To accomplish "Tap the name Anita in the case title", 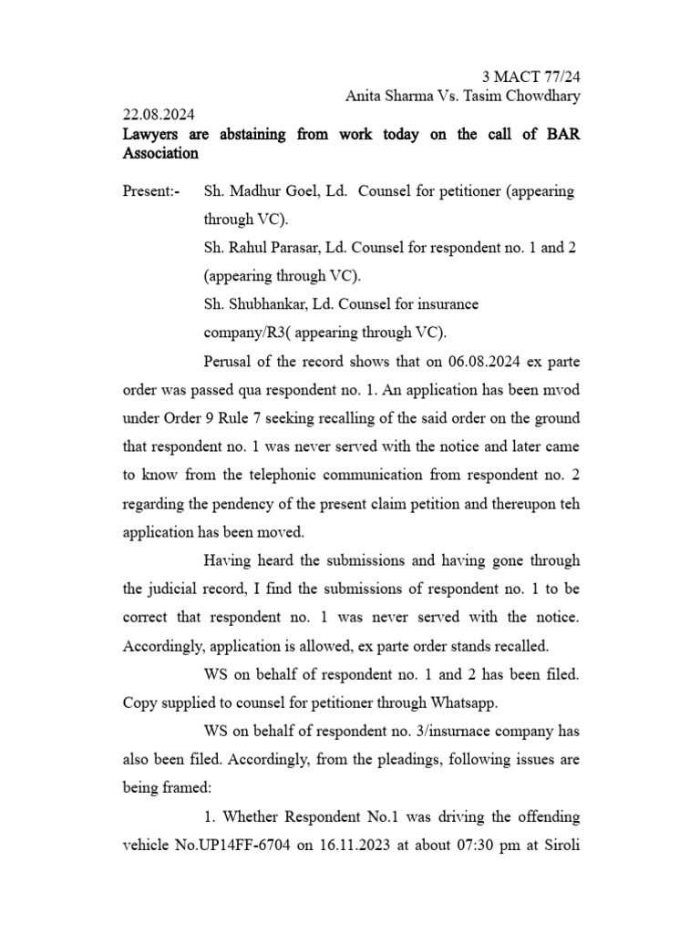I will click(365, 96).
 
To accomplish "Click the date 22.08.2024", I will click(159, 115).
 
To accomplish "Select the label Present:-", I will click(151, 192).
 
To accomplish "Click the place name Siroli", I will click(559, 844).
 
